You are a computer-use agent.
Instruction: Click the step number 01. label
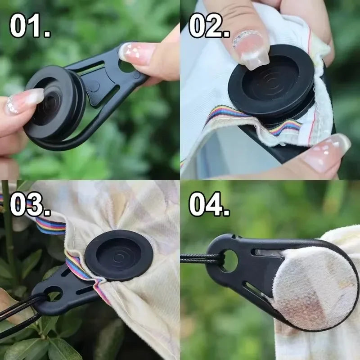click(x=30, y=25)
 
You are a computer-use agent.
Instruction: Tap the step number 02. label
click(x=209, y=25)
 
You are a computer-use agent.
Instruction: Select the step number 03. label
click(x=30, y=204)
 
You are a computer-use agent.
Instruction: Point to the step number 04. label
click(x=209, y=204)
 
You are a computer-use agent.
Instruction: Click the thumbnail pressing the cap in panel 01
click(x=25, y=101)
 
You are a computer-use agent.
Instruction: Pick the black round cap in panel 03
click(x=119, y=255)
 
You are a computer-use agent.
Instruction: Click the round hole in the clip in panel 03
click(x=53, y=293)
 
